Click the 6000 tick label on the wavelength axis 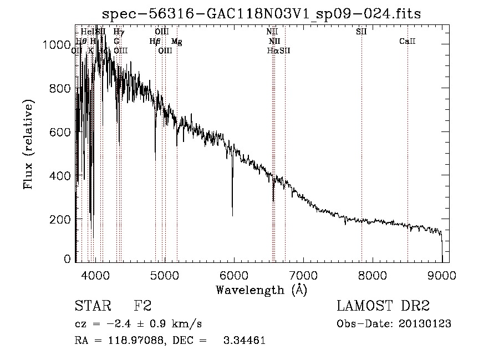(x=233, y=275)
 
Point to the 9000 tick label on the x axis (x=441, y=275)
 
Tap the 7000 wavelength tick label (x=303, y=275)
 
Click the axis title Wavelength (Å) (x=261, y=290)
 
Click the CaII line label (x=408, y=42)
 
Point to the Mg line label (x=177, y=42)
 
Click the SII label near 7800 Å (x=361, y=32)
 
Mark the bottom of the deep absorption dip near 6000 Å (x=232, y=215)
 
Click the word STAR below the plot (x=92, y=306)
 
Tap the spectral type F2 (x=142, y=306)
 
